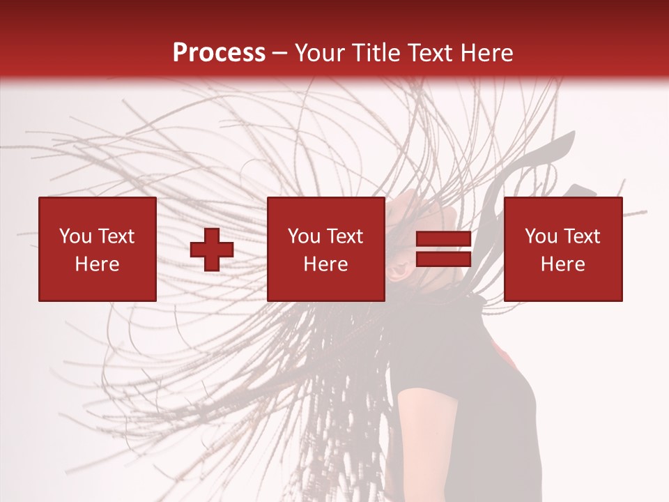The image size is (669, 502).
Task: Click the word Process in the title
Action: pos(219,53)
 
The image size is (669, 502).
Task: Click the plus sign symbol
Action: pos(212,250)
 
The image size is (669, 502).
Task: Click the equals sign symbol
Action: pos(443,250)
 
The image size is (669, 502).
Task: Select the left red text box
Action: pos(98,249)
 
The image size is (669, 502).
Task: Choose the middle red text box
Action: pos(326,249)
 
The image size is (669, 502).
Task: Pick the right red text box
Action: pos(563,249)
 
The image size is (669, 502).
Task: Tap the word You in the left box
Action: pos(75,236)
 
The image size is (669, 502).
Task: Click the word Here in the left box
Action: pos(98,264)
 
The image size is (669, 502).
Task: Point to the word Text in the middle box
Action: pos(346,236)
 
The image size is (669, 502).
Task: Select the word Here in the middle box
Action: pos(326,264)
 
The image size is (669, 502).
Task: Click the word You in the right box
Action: pos(540,236)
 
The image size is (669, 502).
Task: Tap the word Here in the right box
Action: pos(563,264)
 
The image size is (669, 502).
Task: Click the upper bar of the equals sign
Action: pos(443,239)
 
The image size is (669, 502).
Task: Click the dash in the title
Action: pos(280,53)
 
